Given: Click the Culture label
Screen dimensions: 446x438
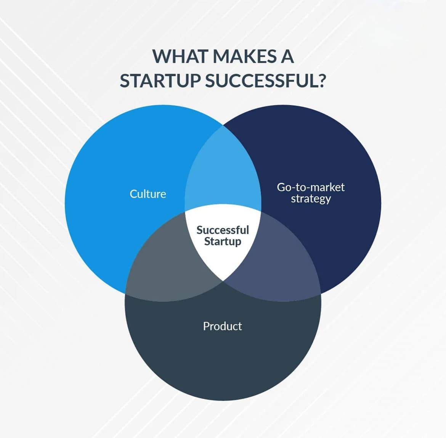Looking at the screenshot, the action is point(148,194).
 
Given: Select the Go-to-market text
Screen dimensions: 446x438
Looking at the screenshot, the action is point(311,187).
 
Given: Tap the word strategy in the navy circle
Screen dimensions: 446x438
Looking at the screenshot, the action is point(311,199).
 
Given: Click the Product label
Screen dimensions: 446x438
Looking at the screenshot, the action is point(223,326).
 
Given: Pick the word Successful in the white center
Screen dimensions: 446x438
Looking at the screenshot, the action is point(223,230).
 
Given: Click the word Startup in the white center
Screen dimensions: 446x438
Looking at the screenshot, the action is point(223,242).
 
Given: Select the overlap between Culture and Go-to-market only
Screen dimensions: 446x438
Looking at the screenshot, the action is point(223,174).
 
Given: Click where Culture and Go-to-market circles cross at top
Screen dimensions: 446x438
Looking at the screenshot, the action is point(223,125).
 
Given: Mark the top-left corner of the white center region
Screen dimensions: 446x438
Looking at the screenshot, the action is point(185,211).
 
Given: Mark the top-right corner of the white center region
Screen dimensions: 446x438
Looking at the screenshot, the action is point(261,211).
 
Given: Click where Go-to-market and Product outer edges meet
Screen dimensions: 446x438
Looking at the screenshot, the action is point(321,294).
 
